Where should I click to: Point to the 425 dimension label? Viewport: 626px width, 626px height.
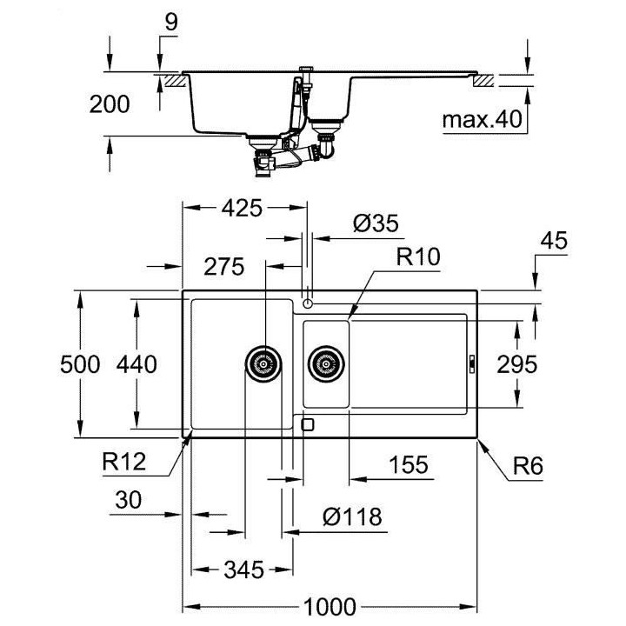pos(243,209)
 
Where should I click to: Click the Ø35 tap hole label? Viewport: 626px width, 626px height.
pos(375,223)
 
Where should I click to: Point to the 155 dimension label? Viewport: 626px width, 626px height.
pos(409,465)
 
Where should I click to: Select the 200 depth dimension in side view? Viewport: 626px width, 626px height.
pos(110,104)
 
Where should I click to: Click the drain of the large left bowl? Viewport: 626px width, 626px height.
pos(263,363)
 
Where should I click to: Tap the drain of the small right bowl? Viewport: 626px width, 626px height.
pos(325,363)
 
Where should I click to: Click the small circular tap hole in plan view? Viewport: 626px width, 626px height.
pos(308,303)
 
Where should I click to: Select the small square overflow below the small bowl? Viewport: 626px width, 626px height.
pos(307,424)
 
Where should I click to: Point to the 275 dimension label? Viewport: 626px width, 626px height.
pos(225,267)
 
